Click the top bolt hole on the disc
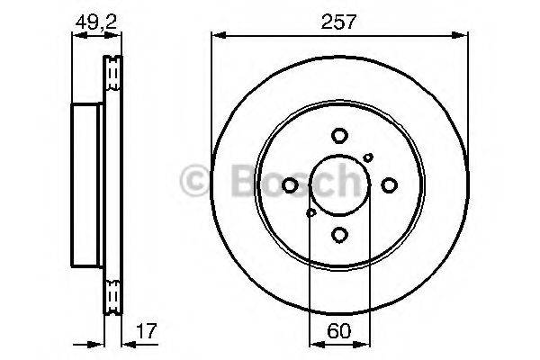coord(339,136)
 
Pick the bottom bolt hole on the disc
coord(339,234)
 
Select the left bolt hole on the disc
coord(290,185)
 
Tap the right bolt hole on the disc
coord(389,185)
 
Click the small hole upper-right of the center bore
coord(368,157)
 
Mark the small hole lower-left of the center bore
coord(310,212)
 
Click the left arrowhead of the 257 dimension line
coord(216,36)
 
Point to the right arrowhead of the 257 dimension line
coord(463,36)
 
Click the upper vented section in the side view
coord(113,74)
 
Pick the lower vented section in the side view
coord(113,297)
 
